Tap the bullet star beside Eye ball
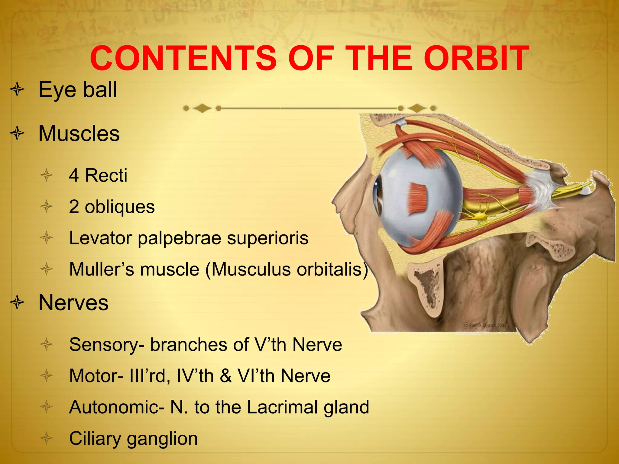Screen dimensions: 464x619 pyautogui.click(x=17, y=90)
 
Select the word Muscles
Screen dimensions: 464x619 pyautogui.click(x=79, y=134)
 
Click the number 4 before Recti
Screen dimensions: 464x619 pyautogui.click(x=74, y=175)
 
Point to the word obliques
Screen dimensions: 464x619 pyautogui.click(x=120, y=207)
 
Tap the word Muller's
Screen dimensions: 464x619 pyautogui.click(x=102, y=269)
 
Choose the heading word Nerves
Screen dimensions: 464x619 pyautogui.click(x=73, y=303)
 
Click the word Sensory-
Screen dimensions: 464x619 pyautogui.click(x=107, y=345)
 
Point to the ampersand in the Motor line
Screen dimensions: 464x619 pyautogui.click(x=225, y=376)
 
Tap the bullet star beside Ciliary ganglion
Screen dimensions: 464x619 pyautogui.click(x=47, y=438)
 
